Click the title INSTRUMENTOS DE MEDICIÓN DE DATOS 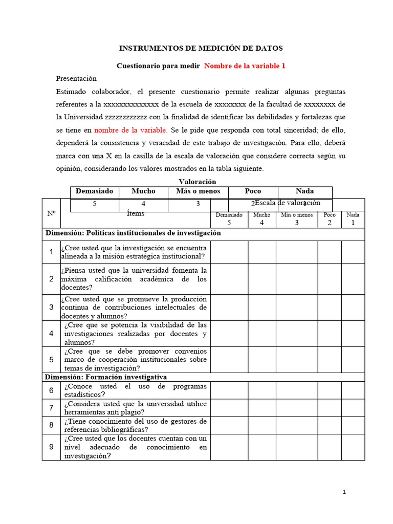coord(201,48)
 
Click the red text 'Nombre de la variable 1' coord(245,65)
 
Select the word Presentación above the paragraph coord(76,78)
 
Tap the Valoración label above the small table coord(197,182)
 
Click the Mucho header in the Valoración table coord(143,191)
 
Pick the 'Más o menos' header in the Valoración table coord(198,191)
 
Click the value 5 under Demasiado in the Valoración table coord(94,204)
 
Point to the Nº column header coord(51,213)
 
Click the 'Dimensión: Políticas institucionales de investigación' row coord(133,233)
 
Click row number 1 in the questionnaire coord(51,252)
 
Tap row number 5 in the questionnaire coord(51,360)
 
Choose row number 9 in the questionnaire coord(51,447)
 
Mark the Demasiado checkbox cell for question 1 coord(229,252)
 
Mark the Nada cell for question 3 coord(353,307)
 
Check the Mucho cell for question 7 coord(262,408)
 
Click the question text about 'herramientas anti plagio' coord(135,408)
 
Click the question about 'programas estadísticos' coord(135,390)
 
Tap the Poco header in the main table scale coord(330,219)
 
